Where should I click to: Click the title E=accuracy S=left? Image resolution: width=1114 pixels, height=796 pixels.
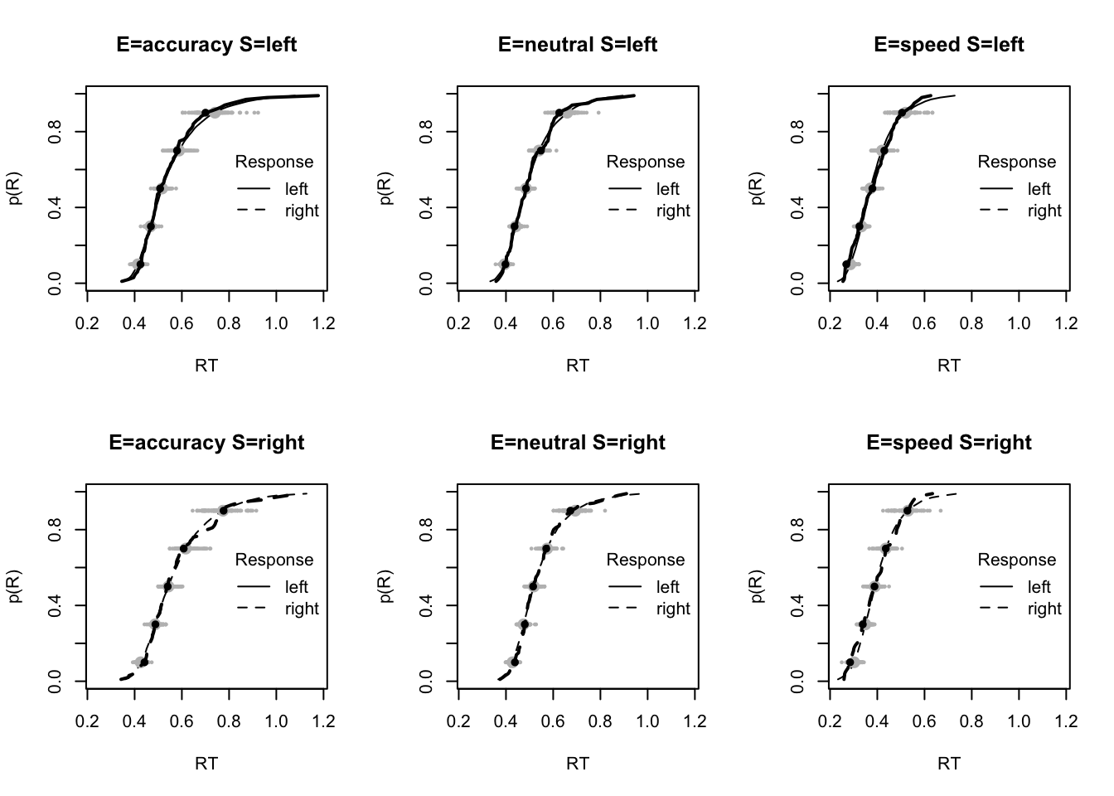206,45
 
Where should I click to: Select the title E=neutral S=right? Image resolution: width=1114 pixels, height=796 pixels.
578,443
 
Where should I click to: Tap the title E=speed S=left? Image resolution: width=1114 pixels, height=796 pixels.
949,45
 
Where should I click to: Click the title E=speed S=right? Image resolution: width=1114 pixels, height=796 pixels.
949,443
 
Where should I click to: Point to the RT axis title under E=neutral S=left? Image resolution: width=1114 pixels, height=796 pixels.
578,365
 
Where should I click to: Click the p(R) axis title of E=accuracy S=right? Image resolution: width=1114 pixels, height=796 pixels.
15,585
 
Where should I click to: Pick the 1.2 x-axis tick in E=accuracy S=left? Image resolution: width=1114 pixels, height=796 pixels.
324,323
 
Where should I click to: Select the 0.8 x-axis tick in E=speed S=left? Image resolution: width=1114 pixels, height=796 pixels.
972,323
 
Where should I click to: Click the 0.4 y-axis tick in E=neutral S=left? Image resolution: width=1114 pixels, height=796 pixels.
426,207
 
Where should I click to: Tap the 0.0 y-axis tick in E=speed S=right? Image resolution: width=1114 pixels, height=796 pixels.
797,682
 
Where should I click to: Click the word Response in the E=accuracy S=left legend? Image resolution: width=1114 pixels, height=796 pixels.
274,162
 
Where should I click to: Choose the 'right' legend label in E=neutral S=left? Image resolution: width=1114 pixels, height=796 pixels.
673,211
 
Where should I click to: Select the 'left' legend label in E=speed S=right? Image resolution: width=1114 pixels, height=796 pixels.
1039,587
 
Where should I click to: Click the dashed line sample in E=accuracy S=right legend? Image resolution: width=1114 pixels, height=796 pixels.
254,609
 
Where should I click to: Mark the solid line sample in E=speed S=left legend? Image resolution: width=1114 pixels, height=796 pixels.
996,189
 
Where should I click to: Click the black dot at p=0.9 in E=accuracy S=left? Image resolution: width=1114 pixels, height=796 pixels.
206,113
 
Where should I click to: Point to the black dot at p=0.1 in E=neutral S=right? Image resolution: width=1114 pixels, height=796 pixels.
515,663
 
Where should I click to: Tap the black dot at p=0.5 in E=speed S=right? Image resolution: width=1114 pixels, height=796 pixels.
874,586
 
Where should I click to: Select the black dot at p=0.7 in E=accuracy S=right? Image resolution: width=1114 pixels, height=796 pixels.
184,548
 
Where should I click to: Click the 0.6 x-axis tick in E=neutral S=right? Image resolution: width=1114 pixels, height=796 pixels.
554,721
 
